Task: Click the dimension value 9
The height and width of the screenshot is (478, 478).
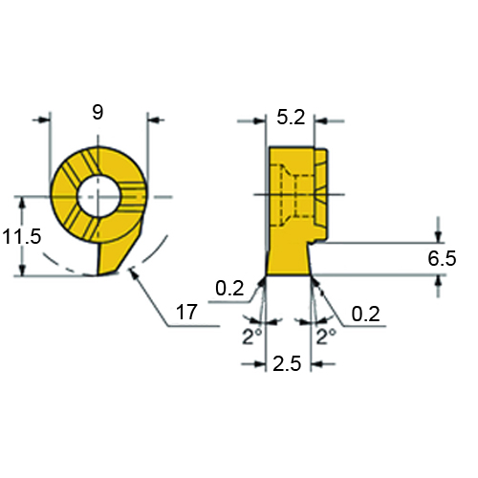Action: coord(98,112)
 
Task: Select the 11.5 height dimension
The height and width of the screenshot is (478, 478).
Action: coord(22,237)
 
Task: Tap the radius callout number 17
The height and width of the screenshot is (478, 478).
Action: coord(186,312)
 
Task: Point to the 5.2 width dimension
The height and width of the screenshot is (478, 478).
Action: coord(291,118)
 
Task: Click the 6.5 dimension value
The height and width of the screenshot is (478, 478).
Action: coord(442,258)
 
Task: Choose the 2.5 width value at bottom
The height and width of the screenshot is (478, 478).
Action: coord(287,363)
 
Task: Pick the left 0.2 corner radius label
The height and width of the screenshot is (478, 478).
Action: coord(229,288)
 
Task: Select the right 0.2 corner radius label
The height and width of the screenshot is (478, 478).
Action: coord(365,314)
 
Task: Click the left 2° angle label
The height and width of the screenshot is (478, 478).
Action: coord(252,336)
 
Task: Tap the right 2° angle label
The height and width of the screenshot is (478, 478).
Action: coord(326,336)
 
